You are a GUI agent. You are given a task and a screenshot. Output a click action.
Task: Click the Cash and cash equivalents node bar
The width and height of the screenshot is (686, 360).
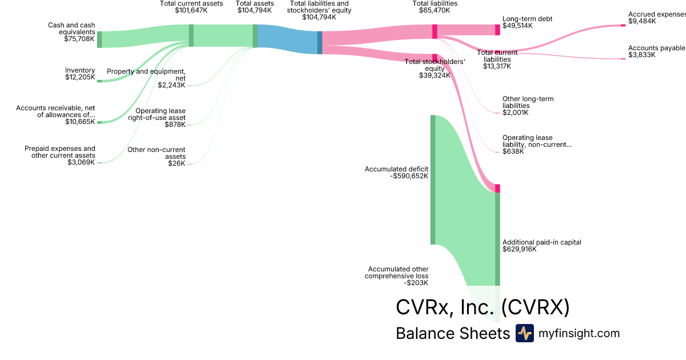[99, 39]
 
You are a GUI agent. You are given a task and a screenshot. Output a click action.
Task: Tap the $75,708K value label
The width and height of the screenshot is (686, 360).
[80, 39]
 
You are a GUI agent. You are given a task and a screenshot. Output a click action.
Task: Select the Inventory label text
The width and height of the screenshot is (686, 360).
[80, 70]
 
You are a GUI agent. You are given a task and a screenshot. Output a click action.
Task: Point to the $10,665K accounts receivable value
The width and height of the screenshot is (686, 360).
[80, 122]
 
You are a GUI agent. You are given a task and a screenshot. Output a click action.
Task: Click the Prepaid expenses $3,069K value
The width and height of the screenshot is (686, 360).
[81, 162]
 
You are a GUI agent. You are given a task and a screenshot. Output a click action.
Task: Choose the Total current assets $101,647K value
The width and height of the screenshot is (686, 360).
[191, 10]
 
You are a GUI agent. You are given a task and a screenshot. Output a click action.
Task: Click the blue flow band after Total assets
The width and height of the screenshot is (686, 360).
[288, 39]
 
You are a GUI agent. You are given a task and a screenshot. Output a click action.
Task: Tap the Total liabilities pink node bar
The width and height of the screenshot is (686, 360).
[434, 31]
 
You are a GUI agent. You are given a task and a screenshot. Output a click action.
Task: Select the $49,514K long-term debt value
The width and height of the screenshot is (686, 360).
[517, 26]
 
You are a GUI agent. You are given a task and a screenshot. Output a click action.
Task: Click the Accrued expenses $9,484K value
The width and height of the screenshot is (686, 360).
[642, 21]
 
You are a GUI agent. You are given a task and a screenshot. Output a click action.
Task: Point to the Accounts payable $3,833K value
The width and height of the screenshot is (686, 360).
[642, 55]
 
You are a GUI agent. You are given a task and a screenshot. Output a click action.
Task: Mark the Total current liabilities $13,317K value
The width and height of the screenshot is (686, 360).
[497, 66]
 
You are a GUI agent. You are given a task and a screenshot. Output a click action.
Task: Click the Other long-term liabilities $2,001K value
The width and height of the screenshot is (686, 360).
[516, 113]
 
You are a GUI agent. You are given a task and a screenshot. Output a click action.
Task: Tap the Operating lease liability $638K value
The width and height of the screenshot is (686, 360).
[513, 151]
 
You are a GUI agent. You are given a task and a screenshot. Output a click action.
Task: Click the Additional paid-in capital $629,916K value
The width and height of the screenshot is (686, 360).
[520, 249]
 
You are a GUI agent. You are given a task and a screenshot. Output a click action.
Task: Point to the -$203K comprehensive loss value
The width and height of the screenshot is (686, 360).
[416, 282]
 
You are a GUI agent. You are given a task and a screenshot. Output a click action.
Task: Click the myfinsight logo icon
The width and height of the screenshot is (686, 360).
[524, 333]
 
